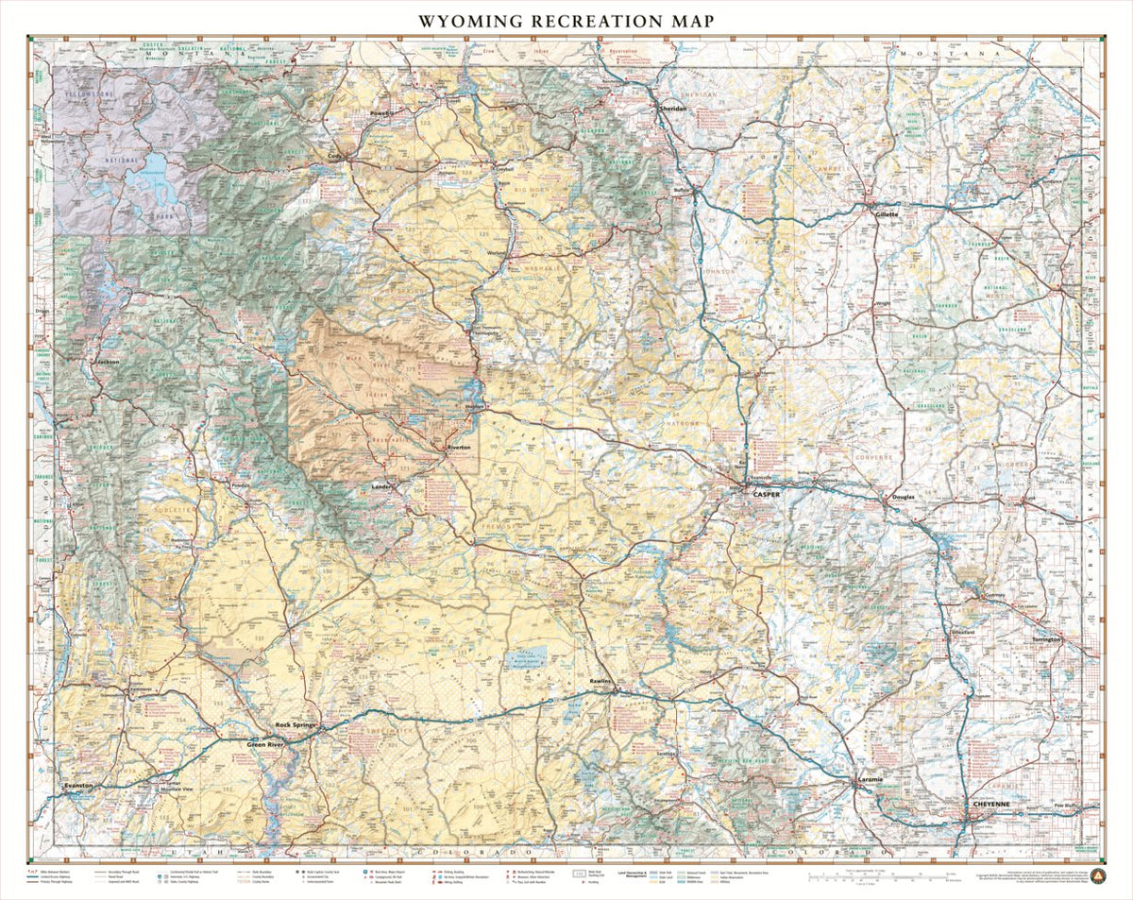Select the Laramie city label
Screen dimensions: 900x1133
point(870,779)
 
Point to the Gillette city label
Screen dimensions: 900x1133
point(886,214)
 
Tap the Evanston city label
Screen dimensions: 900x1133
point(78,786)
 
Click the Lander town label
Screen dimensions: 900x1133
point(381,486)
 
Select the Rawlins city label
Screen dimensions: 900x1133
point(601,681)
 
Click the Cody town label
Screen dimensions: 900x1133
point(334,157)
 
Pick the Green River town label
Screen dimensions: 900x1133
point(266,744)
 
